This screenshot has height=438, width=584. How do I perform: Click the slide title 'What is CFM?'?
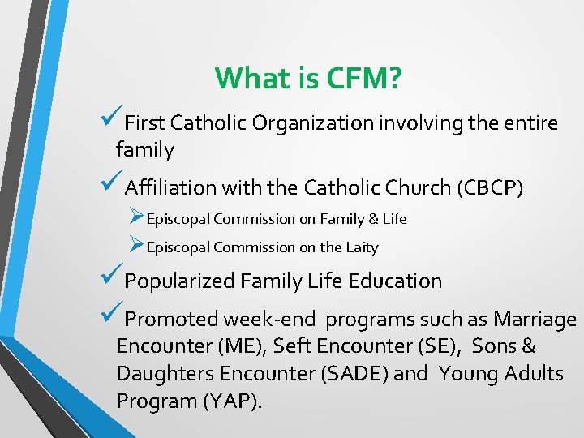309,79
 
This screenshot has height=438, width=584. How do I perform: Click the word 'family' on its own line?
144,150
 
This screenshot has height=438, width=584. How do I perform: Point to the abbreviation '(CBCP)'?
491,188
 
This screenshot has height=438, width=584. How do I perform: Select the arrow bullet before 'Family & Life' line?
136,217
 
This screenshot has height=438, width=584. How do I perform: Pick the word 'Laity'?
362,247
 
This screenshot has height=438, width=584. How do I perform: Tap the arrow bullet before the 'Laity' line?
136,246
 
